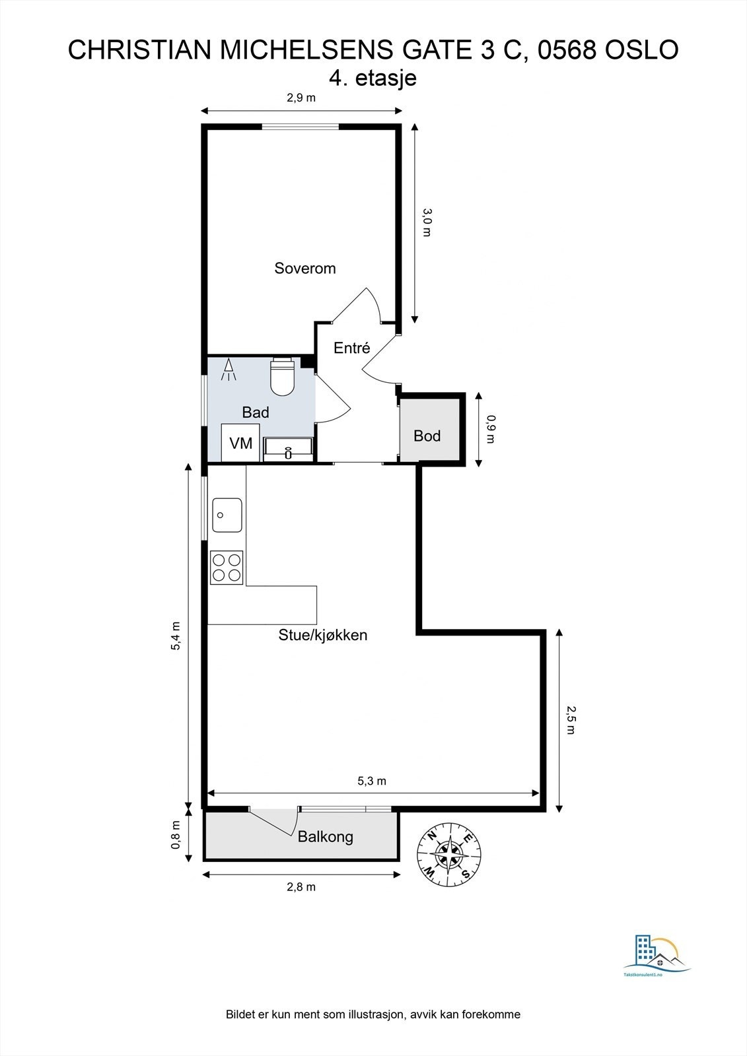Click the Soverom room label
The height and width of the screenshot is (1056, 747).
coord(305,269)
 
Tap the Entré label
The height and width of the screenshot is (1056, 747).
coord(351,348)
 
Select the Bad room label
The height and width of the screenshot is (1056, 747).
coord(256,412)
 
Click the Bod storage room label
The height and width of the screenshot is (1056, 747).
coord(427,436)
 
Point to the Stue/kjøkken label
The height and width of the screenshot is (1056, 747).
coord(323,635)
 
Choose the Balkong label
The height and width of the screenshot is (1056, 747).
coord(326,837)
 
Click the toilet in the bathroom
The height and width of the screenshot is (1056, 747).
coord(282,376)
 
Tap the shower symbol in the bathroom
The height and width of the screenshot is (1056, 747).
coord(229,370)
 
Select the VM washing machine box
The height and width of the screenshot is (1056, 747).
coord(240,443)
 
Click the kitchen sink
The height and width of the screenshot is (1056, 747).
coord(227,515)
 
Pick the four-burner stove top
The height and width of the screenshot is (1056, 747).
coord(227,568)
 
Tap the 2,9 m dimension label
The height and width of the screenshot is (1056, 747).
coord(301,98)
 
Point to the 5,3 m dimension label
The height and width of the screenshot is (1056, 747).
coord(372,781)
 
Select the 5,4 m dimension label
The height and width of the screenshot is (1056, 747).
coord(176,636)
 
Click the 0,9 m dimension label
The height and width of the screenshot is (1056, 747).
coord(491,429)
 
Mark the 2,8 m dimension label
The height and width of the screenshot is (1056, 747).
coord(301,887)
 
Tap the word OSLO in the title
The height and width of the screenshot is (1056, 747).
coord(642,50)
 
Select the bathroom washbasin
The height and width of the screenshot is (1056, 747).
coord(289,449)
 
